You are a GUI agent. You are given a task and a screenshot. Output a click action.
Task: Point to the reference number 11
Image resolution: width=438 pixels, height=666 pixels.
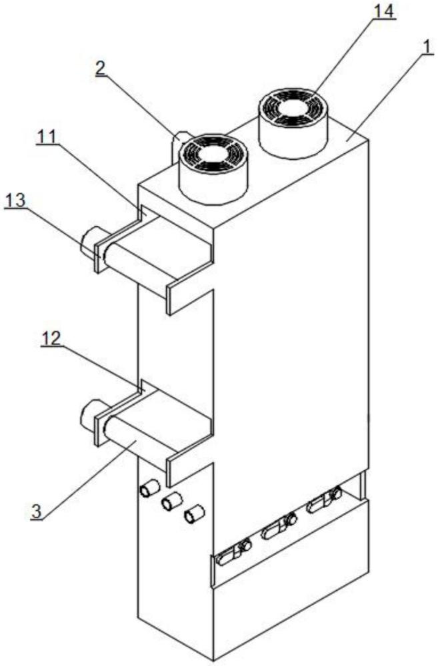47,136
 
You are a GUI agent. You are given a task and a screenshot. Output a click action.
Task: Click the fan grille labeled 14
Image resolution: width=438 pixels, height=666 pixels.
294,110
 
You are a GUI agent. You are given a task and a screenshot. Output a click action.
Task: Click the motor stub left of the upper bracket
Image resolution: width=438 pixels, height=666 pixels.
88,242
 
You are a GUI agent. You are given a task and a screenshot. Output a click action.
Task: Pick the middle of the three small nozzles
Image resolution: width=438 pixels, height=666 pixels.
172,501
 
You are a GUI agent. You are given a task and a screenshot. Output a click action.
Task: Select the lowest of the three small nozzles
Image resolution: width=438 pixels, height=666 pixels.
194,513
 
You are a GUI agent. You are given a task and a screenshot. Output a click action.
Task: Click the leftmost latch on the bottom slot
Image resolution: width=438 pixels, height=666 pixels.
233,553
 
